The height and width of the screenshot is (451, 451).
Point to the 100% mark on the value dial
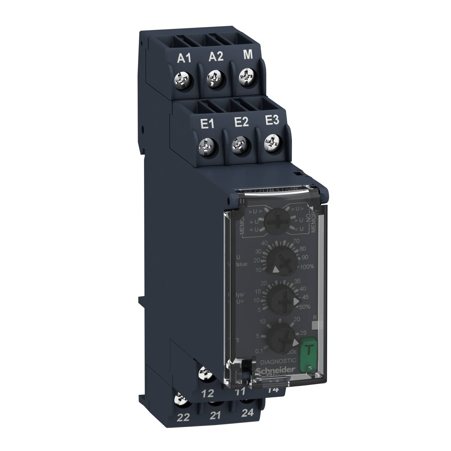click(x=307, y=266)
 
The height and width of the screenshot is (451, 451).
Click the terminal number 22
click(x=183, y=418)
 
